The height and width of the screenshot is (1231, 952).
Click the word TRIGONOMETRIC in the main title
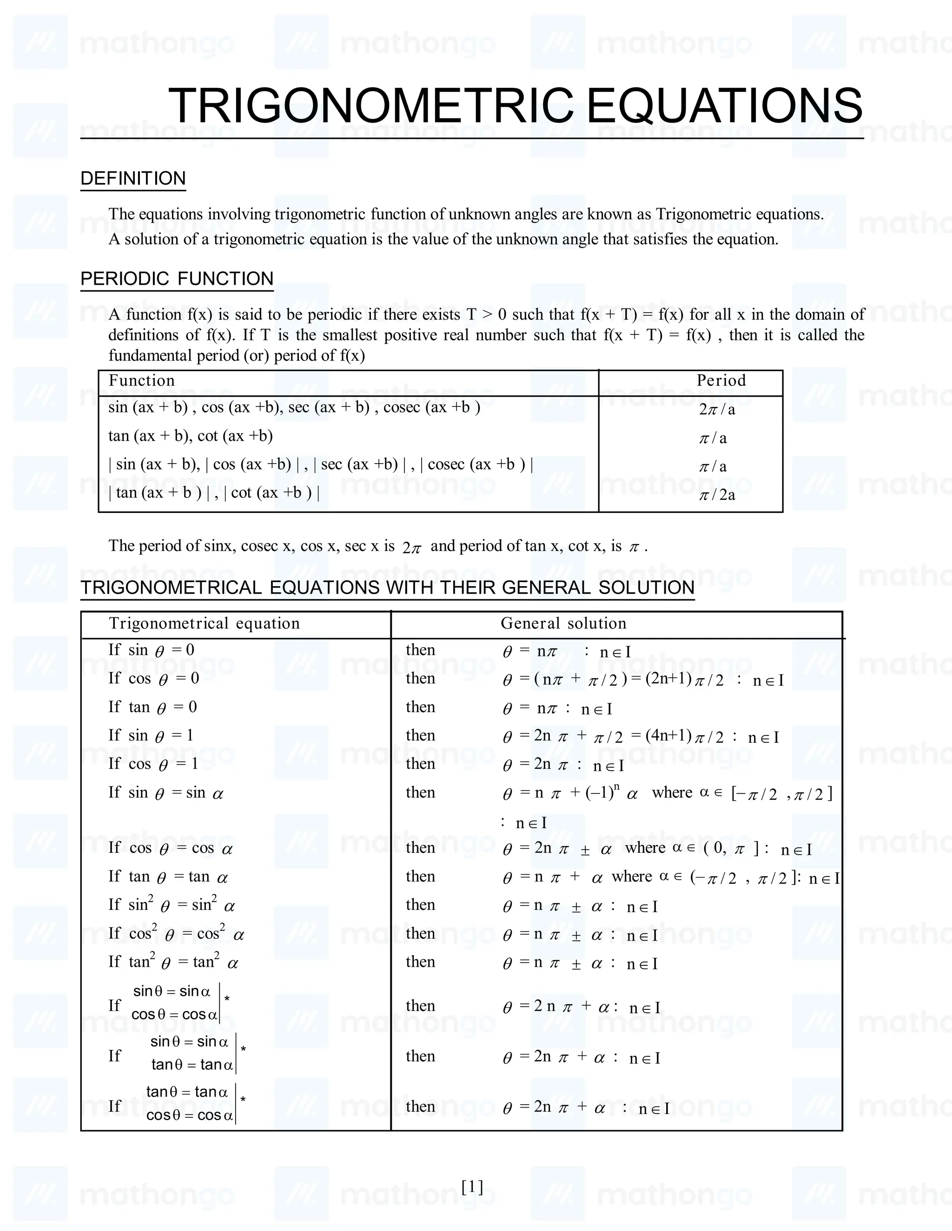(x=370, y=105)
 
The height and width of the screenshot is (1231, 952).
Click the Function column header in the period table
(x=142, y=380)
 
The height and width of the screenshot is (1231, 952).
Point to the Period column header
(x=721, y=380)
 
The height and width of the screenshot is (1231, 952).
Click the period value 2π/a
(x=717, y=409)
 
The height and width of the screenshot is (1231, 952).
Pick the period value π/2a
(x=717, y=495)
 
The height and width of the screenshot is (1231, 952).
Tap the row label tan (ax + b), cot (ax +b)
(x=191, y=436)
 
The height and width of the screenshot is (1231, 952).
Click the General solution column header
(x=563, y=623)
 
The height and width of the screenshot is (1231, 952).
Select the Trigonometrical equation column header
(x=204, y=623)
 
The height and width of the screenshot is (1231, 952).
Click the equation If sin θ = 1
(x=151, y=735)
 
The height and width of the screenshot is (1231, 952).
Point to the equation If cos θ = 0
(x=154, y=679)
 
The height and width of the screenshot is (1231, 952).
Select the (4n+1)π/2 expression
(x=685, y=736)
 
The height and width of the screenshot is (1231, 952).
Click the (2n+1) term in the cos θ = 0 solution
(x=669, y=679)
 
